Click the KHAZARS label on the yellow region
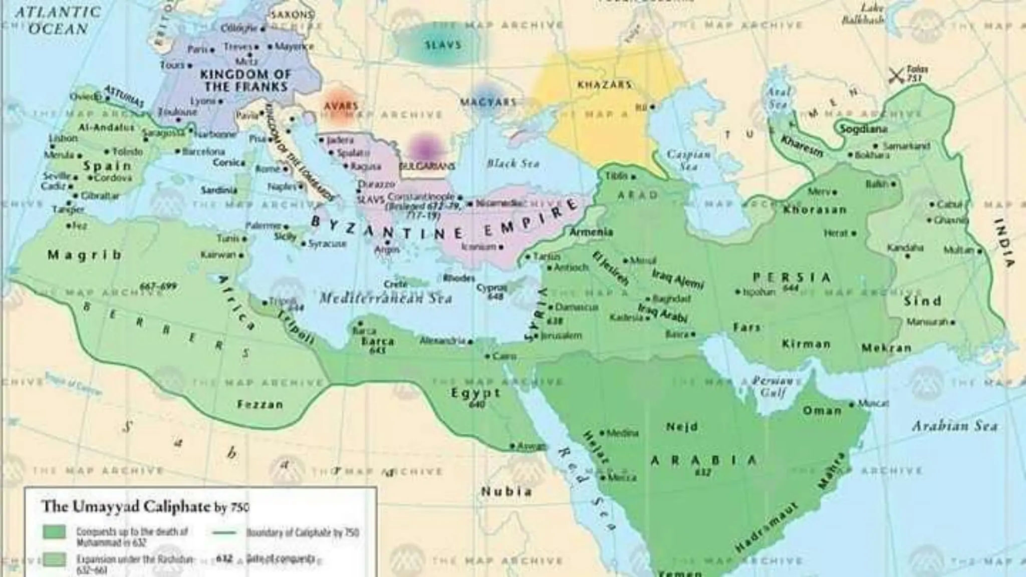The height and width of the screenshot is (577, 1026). click(604, 85)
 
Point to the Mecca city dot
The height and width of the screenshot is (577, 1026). click(603, 478)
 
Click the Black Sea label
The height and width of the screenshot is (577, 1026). click(513, 164)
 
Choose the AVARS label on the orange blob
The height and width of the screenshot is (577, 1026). click(341, 106)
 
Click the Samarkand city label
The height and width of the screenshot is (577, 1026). click(906, 146)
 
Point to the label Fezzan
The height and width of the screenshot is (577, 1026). click(260, 404)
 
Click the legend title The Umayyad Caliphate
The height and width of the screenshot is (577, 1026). click(126, 506)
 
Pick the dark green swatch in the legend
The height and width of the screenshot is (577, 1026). click(54, 532)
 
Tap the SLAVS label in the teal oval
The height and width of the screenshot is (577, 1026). click(443, 45)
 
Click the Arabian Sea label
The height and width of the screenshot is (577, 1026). click(954, 426)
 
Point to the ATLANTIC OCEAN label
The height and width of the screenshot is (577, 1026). click(58, 20)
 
